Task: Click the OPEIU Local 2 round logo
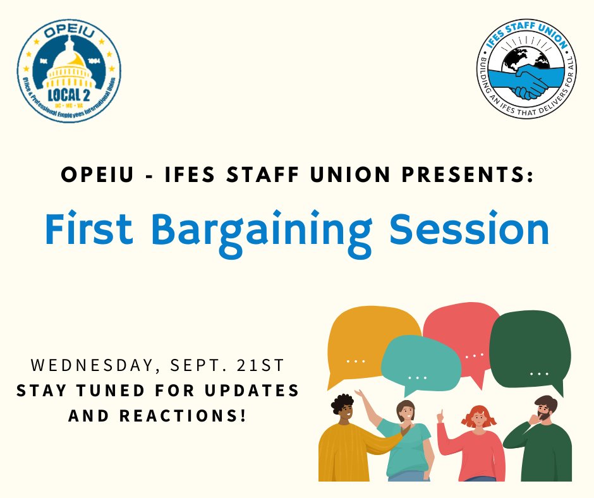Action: tap(69, 70)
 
